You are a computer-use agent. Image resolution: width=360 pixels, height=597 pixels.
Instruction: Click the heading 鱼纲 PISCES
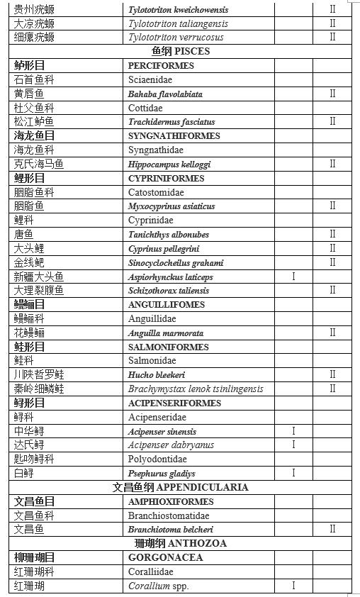coord(181,52)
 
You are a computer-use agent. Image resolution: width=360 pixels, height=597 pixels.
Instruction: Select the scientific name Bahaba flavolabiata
coord(165,94)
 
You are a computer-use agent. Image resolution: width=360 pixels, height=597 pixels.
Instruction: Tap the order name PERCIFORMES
coord(161,66)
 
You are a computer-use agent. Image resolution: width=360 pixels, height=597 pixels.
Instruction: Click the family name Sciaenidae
coord(150,80)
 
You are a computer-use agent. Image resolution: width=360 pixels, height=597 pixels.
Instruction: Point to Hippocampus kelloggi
coord(169,164)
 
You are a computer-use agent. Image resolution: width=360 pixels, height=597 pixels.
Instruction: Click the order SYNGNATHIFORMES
coord(175,136)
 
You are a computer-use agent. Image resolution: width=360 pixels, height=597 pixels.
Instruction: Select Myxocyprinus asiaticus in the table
coord(171,206)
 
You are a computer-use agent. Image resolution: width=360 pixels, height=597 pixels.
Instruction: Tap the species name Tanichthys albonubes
coord(169,235)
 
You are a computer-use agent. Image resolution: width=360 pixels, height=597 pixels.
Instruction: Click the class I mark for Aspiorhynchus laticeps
coord(293,277)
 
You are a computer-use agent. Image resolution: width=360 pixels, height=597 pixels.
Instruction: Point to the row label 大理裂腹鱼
coord(39,291)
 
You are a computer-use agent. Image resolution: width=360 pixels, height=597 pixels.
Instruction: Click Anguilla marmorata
coord(166,333)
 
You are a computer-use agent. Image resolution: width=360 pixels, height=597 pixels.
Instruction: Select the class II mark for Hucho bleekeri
coord(332,375)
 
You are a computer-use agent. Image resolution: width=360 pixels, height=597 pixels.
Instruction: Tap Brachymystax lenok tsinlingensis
coord(196,389)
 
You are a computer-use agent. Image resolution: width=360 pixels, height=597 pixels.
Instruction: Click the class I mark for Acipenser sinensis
coord(293,431)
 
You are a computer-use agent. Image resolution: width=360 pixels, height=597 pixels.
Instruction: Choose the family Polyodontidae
coord(157,459)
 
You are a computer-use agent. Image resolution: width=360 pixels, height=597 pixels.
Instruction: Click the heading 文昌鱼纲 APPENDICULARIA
coord(181,488)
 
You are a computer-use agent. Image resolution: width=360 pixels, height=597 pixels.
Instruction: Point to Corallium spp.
coord(159,586)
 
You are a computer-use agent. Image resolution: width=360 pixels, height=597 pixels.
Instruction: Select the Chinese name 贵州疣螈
coord(34,10)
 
